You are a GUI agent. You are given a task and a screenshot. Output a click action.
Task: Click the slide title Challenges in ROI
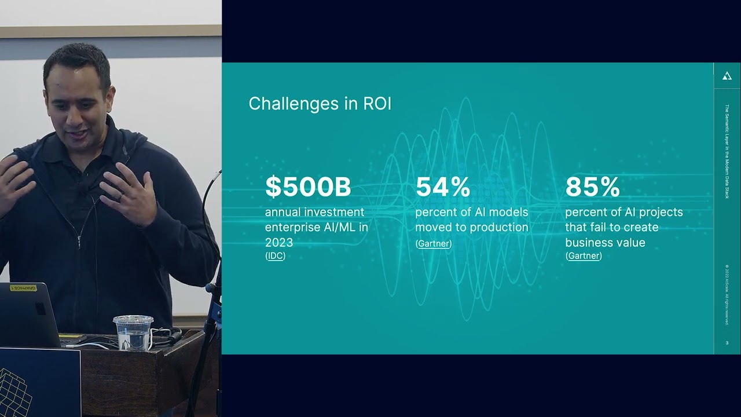[x=320, y=104]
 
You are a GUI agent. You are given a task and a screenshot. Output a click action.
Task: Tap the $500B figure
[x=308, y=187]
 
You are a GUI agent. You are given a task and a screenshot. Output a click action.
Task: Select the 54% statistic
[x=443, y=187]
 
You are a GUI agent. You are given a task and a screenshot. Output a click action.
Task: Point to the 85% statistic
[x=592, y=187]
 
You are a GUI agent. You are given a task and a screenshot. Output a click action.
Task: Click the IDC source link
[x=275, y=256]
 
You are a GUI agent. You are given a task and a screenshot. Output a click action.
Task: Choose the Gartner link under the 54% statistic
[x=433, y=244]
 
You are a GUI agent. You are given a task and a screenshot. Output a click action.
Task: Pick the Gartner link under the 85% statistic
[x=584, y=256]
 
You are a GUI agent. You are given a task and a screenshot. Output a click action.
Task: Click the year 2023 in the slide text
[x=279, y=242]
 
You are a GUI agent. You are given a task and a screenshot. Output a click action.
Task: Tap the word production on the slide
[x=499, y=227]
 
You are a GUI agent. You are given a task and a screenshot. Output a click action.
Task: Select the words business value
[x=605, y=242]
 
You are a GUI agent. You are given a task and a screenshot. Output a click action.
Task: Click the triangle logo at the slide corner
[x=727, y=76]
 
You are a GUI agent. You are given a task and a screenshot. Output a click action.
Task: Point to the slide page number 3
[x=727, y=343]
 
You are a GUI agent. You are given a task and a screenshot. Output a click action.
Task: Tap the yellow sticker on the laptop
[x=24, y=288]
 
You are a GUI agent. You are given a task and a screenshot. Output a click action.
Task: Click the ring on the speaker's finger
[x=120, y=197]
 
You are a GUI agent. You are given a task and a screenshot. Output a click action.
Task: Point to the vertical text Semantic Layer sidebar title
[x=727, y=152]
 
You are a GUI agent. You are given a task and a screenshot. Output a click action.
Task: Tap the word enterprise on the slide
[x=292, y=227]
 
